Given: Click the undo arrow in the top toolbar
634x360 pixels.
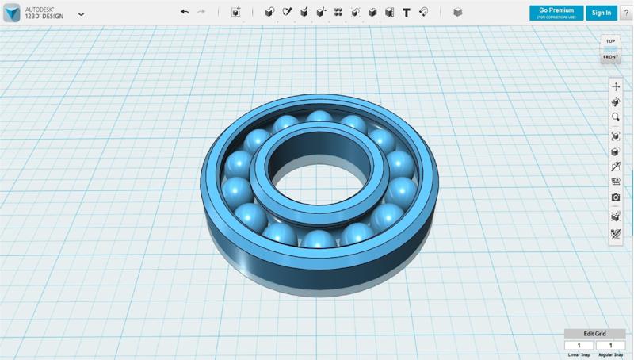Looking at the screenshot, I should click(185, 12).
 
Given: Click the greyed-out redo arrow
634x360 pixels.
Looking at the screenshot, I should click(201, 12).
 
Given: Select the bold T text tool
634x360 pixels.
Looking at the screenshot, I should click(407, 12).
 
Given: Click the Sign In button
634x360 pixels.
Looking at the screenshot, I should click(602, 13).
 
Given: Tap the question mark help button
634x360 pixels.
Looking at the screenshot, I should click(626, 13).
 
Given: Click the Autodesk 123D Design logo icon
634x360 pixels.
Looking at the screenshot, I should click(12, 13).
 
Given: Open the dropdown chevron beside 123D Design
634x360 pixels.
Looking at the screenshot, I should click(81, 14).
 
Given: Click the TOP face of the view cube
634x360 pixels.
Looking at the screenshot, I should click(610, 41).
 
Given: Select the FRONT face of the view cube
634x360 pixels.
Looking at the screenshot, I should click(610, 57).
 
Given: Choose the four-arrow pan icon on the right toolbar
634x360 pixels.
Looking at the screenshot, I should click(616, 86).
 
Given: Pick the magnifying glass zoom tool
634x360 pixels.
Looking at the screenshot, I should click(616, 117).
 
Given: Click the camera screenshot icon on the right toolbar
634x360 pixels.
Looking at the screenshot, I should click(616, 197).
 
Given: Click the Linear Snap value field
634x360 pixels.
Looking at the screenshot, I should click(579, 346).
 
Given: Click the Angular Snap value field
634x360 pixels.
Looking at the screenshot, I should click(610, 346).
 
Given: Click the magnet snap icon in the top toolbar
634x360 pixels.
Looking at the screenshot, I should click(424, 12).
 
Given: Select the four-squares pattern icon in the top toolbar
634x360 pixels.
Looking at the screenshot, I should click(338, 12).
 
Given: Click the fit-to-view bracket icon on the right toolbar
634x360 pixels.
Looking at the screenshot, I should click(616, 136).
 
